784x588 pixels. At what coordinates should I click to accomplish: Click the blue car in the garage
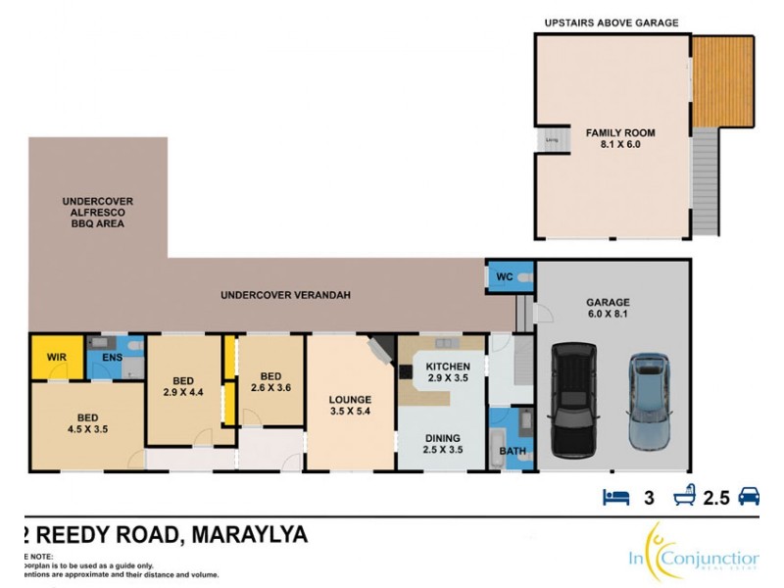point(647,402)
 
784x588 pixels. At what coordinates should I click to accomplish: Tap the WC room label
point(505,276)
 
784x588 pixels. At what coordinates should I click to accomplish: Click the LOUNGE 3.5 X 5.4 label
point(350,406)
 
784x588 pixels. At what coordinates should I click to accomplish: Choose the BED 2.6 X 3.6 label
point(269,381)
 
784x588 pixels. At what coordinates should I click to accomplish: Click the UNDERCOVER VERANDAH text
point(285,294)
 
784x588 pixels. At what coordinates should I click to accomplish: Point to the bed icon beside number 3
point(613,497)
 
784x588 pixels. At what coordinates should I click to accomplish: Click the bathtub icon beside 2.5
point(683,497)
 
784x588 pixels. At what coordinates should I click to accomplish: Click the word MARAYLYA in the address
point(249,535)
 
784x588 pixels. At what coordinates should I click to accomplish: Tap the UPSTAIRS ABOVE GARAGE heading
point(612,23)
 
